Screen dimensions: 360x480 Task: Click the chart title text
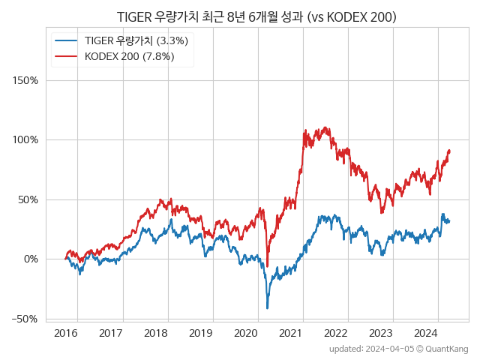point(256,16)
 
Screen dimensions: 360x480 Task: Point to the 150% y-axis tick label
point(26,80)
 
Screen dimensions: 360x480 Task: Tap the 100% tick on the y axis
point(26,139)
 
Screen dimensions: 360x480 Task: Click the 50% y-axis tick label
point(28,199)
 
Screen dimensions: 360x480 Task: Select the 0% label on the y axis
point(31,259)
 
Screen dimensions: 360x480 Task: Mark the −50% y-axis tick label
point(25,319)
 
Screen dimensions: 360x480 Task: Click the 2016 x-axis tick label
point(66,332)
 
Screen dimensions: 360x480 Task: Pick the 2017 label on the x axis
point(111,332)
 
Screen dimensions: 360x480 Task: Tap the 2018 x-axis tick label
point(156,332)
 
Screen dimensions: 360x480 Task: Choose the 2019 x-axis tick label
point(201,332)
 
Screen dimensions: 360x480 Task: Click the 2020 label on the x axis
point(246,332)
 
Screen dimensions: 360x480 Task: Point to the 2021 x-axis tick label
point(291,332)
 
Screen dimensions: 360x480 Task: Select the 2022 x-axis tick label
point(336,332)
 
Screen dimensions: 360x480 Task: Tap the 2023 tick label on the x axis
point(381,332)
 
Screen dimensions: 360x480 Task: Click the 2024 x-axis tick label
point(426,332)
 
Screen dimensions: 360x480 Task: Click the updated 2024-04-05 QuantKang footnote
point(398,349)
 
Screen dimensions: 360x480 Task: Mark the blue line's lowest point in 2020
point(267,307)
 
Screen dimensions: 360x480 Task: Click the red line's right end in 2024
point(449,151)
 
